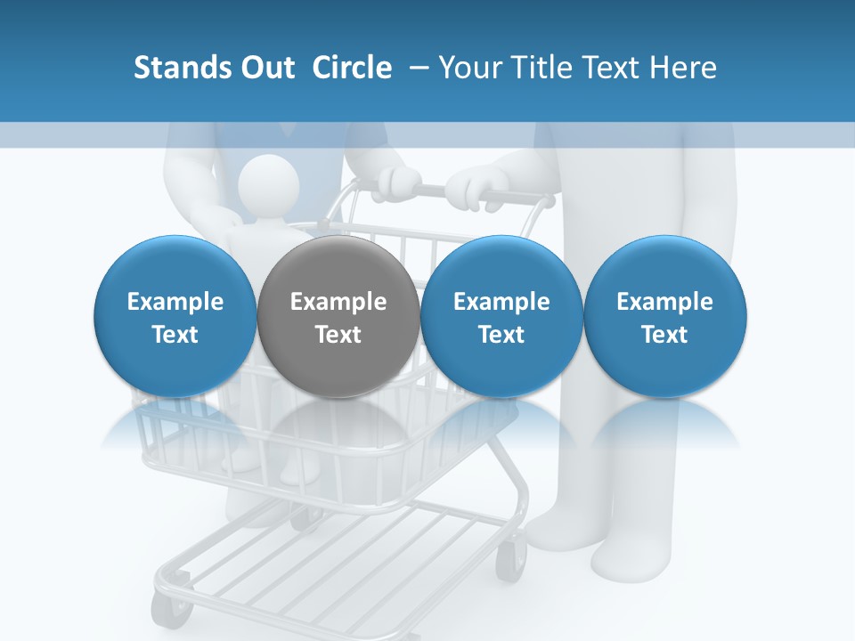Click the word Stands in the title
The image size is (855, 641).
click(x=183, y=68)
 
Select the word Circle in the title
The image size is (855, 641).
click(x=352, y=68)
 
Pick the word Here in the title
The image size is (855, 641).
click(x=682, y=68)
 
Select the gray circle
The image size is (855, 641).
click(x=338, y=316)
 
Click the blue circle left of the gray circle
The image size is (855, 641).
click(x=175, y=316)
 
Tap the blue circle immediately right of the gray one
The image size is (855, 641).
click(x=501, y=316)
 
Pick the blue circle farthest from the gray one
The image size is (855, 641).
click(x=665, y=316)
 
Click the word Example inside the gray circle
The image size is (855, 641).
click(x=338, y=302)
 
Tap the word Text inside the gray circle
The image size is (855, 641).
click(x=338, y=335)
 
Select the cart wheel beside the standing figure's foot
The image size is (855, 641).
click(x=511, y=560)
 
